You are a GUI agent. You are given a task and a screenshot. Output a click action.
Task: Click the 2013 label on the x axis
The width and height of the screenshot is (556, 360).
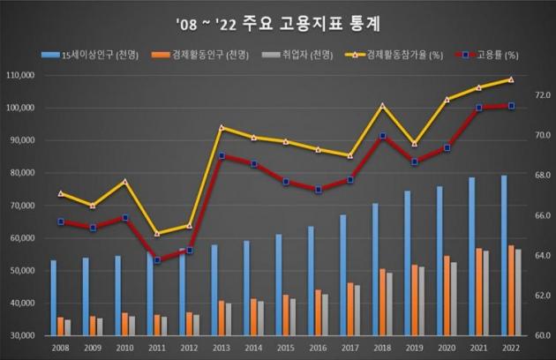click(x=222, y=348)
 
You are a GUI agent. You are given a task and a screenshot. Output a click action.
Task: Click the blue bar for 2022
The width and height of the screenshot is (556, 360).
click(x=503, y=256)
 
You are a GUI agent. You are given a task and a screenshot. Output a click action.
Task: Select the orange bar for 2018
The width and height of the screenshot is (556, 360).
click(x=381, y=302)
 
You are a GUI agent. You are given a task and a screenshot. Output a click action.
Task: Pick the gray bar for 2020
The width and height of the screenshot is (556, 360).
click(x=455, y=299)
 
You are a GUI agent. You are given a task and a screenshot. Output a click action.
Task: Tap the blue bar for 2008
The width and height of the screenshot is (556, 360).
click(x=53, y=298)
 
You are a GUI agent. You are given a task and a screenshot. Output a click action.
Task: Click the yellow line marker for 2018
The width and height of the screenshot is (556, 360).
click(x=382, y=106)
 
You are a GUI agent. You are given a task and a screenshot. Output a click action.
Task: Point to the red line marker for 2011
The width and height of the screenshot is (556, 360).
click(x=157, y=260)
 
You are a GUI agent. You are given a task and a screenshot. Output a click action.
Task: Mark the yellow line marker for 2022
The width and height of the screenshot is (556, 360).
click(x=511, y=79)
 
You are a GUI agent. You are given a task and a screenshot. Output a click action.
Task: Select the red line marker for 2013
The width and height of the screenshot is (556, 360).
click(x=222, y=156)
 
